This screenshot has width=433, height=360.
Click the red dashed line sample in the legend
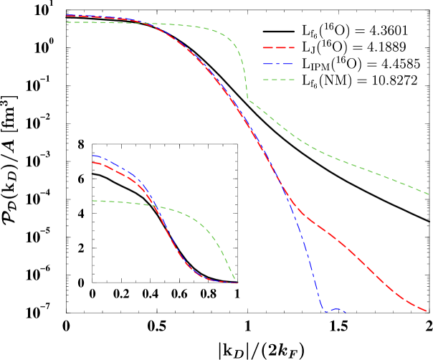click(x=279, y=47)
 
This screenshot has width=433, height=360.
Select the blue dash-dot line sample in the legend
click(x=279, y=63)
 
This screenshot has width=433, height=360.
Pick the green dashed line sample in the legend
click(x=279, y=79)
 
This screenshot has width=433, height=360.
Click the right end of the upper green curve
click(x=429, y=193)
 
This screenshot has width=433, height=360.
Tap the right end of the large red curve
click(x=427, y=311)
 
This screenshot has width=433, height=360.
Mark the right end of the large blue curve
click(x=346, y=312)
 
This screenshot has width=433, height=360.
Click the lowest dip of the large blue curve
click(x=325, y=311)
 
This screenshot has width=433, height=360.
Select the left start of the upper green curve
click(x=66, y=22)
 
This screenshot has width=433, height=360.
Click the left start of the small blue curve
click(x=92, y=155)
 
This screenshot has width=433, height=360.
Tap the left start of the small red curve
click(x=92, y=162)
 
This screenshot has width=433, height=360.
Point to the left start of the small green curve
click(x=92, y=201)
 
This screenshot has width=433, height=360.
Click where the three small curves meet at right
click(x=236, y=283)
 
